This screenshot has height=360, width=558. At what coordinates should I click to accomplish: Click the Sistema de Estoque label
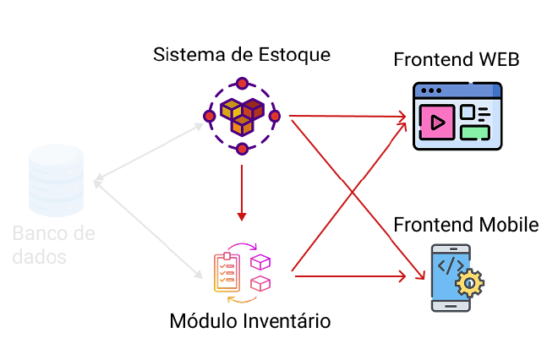pyautogui.click(x=242, y=55)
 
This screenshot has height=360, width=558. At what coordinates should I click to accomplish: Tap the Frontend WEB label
pyautogui.click(x=456, y=61)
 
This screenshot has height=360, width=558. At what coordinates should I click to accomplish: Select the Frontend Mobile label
pyautogui.click(x=466, y=225)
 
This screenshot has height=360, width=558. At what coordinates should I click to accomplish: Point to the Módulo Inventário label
pyautogui.click(x=249, y=321)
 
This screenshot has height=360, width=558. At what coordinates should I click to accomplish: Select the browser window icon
pyautogui.click(x=457, y=116)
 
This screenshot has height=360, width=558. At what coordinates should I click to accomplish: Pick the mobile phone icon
pyautogui.click(x=450, y=276)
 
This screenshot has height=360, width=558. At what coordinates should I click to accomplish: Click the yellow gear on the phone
pyautogui.click(x=469, y=282)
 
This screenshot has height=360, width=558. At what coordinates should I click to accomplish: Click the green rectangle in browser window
pyautogui.click(x=474, y=131)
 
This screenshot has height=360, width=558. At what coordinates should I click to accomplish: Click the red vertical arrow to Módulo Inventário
pyautogui.click(x=242, y=190)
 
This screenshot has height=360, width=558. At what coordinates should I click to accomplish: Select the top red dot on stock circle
pyautogui.click(x=242, y=83)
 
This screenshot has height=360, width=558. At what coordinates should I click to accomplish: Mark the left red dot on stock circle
pyautogui.click(x=209, y=116)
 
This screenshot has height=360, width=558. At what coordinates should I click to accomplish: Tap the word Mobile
pyautogui.click(x=509, y=225)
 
